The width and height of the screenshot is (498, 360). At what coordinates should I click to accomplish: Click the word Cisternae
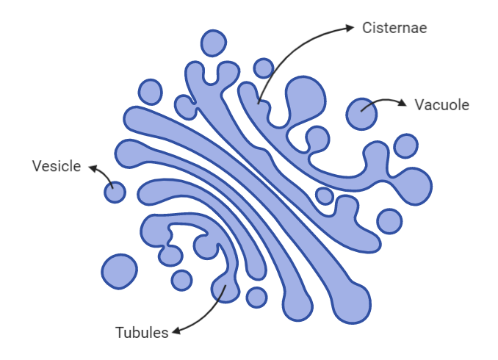click(x=394, y=28)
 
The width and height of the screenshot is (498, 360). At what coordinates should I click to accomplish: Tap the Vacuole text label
click(x=441, y=105)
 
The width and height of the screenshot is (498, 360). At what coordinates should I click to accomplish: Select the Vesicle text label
click(x=56, y=166)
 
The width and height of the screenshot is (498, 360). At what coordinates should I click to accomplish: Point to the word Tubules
click(x=142, y=332)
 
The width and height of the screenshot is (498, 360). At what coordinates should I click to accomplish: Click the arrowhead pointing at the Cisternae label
click(x=350, y=28)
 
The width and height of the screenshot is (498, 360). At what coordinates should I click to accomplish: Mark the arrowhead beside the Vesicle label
click(x=93, y=168)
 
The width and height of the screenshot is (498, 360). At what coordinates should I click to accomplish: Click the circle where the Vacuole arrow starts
click(x=362, y=114)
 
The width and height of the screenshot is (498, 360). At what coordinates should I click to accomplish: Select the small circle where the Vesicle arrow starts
click(x=115, y=192)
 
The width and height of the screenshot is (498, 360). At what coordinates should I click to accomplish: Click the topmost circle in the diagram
click(x=214, y=43)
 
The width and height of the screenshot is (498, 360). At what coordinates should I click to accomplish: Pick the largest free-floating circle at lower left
click(x=119, y=271)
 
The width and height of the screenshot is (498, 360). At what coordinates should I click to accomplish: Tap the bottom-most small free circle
click(x=256, y=297)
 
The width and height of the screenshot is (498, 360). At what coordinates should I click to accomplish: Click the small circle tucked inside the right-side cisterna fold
click(x=324, y=195)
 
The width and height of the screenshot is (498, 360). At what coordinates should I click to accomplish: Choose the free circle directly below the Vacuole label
click(x=405, y=145)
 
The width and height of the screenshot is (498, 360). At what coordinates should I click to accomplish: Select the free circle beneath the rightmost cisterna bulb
click(x=389, y=220)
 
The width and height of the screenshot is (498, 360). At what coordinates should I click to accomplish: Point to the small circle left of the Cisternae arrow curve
click(x=263, y=68)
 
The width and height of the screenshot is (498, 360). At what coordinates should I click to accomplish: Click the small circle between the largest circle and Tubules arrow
click(x=181, y=279)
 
